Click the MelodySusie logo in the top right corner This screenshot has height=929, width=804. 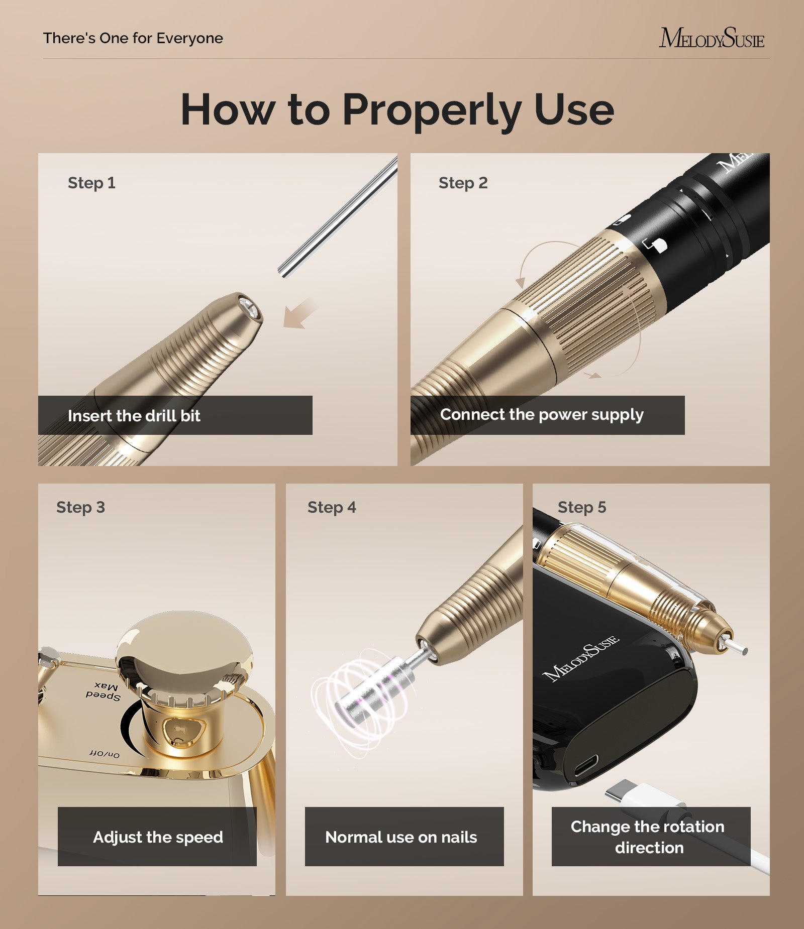click(x=711, y=38)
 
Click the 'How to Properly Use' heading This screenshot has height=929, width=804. click(x=397, y=109)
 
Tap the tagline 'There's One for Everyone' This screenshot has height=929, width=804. click(x=133, y=38)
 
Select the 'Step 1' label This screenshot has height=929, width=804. click(x=91, y=183)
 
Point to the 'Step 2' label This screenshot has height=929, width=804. click(x=463, y=183)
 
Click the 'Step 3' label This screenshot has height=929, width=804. click(x=80, y=507)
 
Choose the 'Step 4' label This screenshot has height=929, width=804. click(x=332, y=507)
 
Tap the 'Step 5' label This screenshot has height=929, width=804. click(x=582, y=507)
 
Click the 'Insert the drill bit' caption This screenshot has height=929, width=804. click(x=134, y=416)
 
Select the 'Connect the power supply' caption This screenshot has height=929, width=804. click(x=541, y=415)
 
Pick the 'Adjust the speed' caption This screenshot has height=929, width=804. click(x=158, y=837)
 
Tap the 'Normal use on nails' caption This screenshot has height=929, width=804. click(x=401, y=837)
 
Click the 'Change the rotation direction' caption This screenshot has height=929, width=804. click(x=648, y=837)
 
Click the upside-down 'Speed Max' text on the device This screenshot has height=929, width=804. click(x=104, y=691)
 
